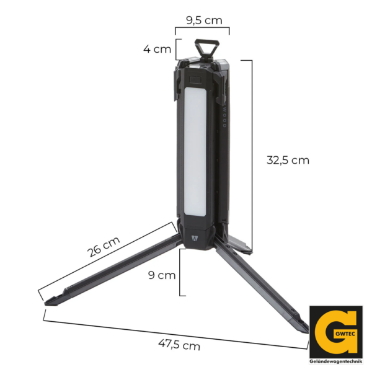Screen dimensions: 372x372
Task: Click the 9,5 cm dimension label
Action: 204,20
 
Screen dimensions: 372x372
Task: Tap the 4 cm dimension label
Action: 157,49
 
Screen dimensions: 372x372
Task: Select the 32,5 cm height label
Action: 288,160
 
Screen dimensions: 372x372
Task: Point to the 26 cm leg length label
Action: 104,247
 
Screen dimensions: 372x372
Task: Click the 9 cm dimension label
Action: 162,275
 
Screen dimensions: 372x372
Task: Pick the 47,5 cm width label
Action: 179,345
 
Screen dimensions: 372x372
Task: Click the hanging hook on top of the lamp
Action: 207,48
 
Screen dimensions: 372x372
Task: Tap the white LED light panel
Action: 195,152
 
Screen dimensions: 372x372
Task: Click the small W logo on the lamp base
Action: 195,238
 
